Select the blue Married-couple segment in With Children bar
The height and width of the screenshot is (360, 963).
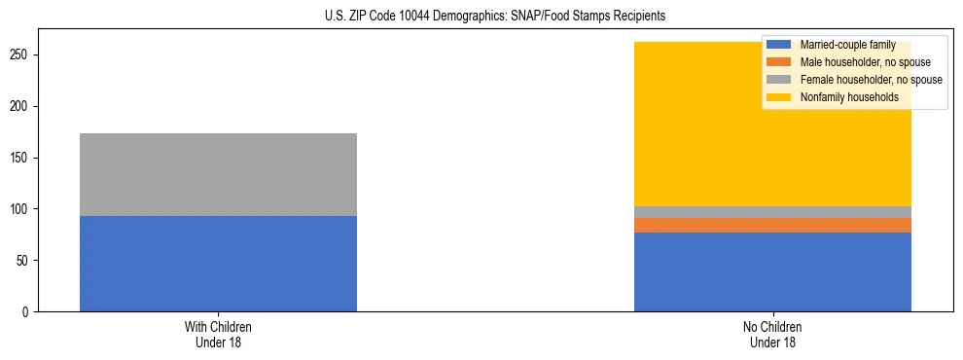click(218, 264)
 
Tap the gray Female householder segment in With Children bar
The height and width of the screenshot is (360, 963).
click(218, 174)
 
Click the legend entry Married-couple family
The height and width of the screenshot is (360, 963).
click(842, 45)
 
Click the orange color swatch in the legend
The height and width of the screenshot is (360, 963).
click(779, 62)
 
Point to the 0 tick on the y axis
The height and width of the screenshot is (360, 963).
click(27, 312)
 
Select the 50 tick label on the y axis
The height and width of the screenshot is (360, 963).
click(24, 261)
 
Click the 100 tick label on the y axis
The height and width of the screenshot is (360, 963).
click(21, 209)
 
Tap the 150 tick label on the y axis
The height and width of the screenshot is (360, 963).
click(21, 158)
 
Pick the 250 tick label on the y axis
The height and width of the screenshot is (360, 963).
click(21, 55)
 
